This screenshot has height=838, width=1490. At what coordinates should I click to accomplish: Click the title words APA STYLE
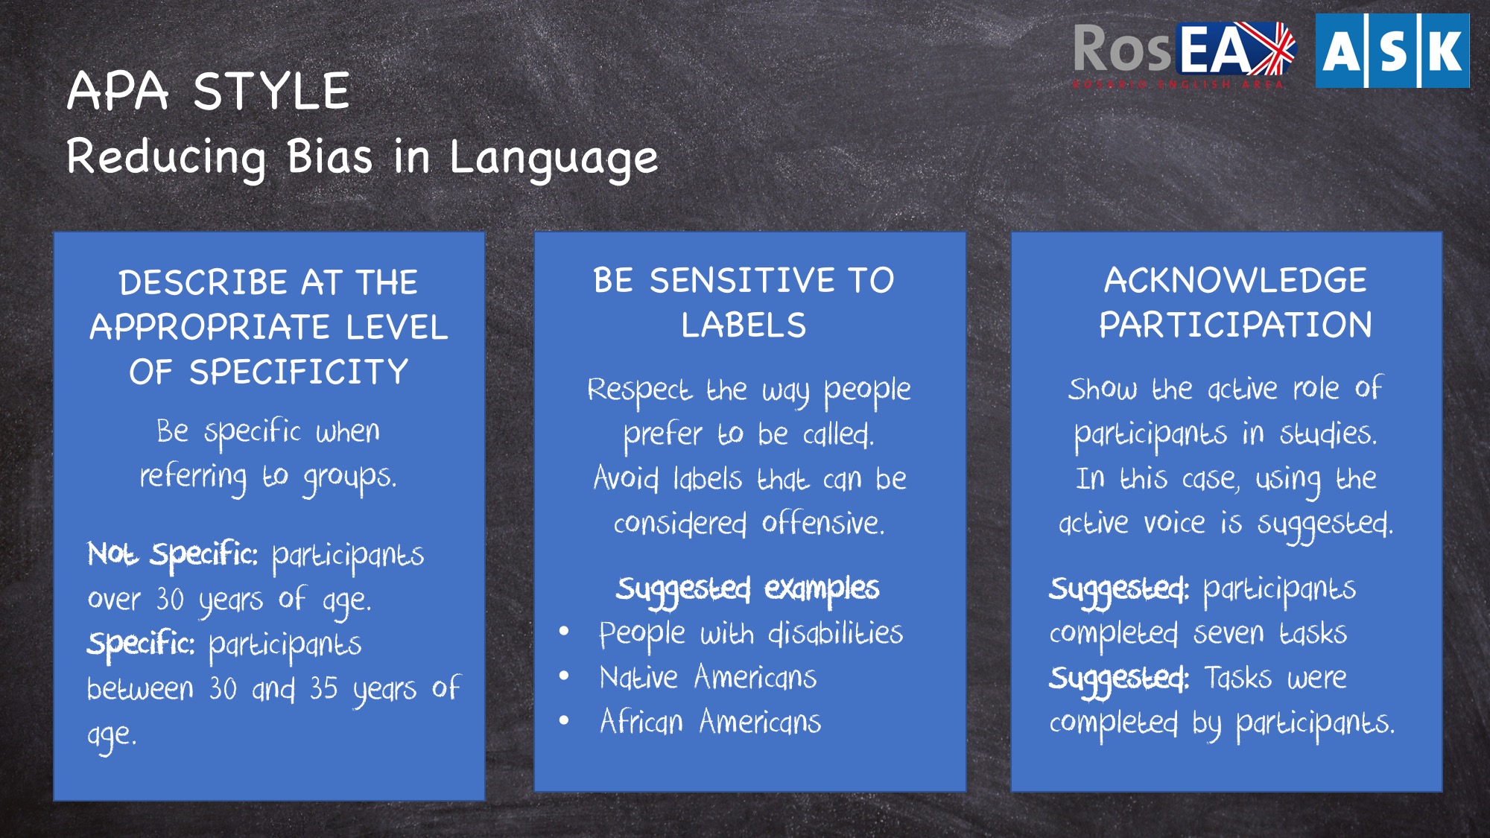point(208,92)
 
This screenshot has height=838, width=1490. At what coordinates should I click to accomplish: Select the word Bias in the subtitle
point(329,157)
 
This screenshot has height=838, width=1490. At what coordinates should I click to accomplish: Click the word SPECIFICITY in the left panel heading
point(298,372)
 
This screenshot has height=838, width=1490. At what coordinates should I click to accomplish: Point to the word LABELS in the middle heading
point(744,326)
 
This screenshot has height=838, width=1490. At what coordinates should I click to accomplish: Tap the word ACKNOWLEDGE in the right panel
point(1235,281)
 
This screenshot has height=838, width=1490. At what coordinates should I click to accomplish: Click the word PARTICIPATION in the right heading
point(1235,326)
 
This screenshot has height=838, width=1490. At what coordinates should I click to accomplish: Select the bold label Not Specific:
point(173,555)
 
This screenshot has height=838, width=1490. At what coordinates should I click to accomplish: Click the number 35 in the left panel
point(323,689)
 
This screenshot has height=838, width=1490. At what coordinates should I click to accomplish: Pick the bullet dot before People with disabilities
point(564,632)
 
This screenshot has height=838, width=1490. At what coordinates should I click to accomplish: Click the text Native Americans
point(708,678)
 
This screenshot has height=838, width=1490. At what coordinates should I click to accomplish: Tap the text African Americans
point(710,722)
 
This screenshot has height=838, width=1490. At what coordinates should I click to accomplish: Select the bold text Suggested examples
point(747,589)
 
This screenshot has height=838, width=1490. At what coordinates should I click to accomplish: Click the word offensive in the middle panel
point(822,523)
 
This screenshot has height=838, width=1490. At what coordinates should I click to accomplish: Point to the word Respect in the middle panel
point(639,390)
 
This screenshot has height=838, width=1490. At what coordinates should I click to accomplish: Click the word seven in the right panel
point(1229,634)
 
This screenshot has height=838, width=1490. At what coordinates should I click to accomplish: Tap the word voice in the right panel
point(1174,523)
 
